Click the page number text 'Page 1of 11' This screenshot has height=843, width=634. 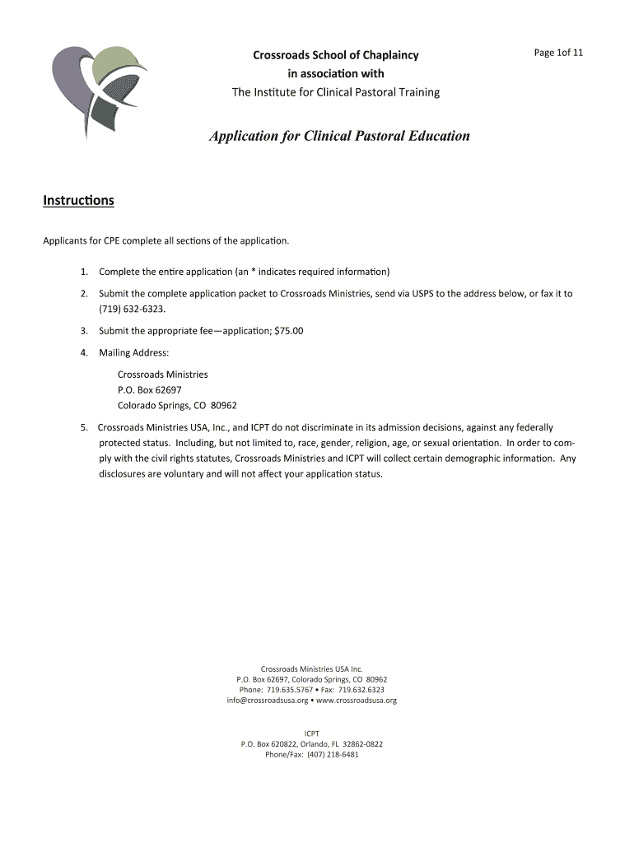point(558,54)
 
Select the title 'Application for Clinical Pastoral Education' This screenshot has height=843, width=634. point(338,136)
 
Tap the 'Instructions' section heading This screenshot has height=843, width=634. point(78,201)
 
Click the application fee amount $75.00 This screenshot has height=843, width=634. point(287,331)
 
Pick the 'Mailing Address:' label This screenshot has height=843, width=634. point(133,352)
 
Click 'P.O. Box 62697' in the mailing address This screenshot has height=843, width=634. point(149,389)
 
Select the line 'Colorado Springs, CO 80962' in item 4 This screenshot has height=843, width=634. point(177,405)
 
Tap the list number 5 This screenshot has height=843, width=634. point(84,427)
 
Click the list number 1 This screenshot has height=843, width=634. point(85,271)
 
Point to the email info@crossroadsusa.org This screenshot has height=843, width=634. point(267,701)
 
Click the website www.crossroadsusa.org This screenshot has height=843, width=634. point(357,701)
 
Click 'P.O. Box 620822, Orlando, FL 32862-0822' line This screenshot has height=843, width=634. point(311,743)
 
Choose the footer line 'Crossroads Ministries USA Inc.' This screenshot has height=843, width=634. point(311,668)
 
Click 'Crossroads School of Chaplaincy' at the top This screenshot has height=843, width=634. point(335,55)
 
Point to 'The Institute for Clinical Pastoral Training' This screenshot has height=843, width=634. point(335,92)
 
